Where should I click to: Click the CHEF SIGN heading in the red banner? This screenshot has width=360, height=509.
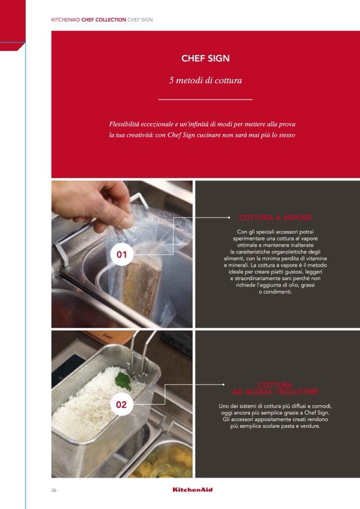pyautogui.click(x=205, y=58)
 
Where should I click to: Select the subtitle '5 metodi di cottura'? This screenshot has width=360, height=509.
pyautogui.click(x=205, y=80)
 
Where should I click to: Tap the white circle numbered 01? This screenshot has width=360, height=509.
pyautogui.click(x=122, y=255)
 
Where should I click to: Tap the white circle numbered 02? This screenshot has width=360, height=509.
pyautogui.click(x=122, y=404)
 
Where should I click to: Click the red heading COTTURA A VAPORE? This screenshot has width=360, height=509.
pyautogui.click(x=275, y=218)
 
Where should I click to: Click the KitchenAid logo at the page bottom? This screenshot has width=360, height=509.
pyautogui.click(x=193, y=489)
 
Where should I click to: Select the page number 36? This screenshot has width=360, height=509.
pyautogui.click(x=54, y=490)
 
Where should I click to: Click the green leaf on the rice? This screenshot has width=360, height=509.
pyautogui.click(x=123, y=381)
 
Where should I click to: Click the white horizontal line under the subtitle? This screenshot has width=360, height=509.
pyautogui.click(x=205, y=100)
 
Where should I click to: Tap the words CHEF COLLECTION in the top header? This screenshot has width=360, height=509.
pyautogui.click(x=104, y=20)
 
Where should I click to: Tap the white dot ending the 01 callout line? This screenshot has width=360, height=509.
pyautogui.click(x=229, y=218)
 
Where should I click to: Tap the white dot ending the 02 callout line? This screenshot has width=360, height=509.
pyautogui.click(x=224, y=384)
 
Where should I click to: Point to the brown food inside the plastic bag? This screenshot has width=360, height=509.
pyautogui.click(x=142, y=287)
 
